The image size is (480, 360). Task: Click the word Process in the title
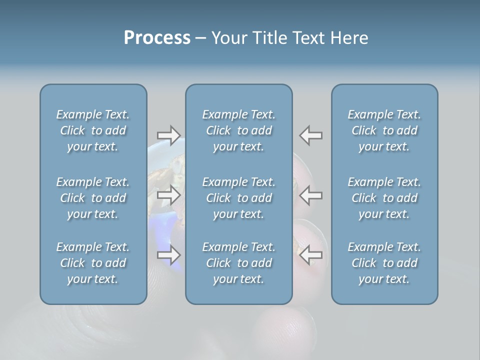click(157, 38)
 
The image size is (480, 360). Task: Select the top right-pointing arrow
click(168, 135)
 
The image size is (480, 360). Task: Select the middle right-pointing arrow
click(168, 195)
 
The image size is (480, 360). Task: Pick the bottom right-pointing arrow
click(168, 255)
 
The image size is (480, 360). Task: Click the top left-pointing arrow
click(310, 135)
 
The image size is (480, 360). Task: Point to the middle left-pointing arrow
click(310, 195)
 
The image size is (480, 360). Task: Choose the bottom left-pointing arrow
click(310, 255)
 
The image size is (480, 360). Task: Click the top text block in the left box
click(93, 130)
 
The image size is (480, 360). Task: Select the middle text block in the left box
click(93, 198)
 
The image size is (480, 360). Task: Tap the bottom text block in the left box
click(93, 263)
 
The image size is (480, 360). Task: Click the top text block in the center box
click(238, 130)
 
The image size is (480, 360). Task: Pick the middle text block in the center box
click(238, 198)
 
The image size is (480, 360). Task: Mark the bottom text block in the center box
click(238, 263)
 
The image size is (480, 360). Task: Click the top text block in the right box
click(384, 130)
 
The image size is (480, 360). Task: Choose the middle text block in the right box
click(384, 198)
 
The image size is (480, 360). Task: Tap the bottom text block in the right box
click(384, 263)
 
